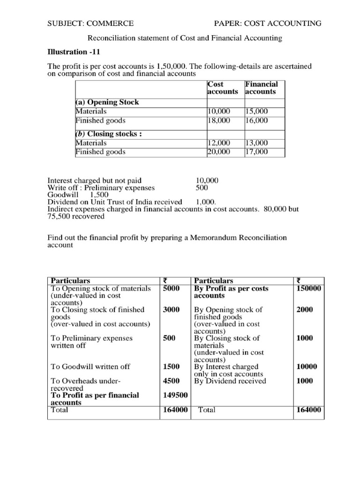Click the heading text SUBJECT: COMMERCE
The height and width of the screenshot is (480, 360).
tap(90, 23)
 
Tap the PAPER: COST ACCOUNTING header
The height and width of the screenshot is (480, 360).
tap(268, 23)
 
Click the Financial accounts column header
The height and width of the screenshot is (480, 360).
tap(261, 88)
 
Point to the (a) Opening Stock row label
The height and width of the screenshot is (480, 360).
tap(107, 102)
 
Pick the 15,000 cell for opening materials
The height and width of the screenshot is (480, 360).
tap(256, 112)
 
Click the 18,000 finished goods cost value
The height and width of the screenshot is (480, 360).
tap(219, 120)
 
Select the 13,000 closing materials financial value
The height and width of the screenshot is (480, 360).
tap(256, 143)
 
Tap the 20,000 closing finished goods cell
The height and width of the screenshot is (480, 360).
tap(219, 152)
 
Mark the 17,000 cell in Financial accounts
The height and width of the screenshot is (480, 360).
tap(256, 152)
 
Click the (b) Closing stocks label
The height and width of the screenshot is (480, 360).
tap(109, 134)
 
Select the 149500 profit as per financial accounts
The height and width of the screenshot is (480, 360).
tap(175, 395)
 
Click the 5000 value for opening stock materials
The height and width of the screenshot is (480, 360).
tap(171, 289)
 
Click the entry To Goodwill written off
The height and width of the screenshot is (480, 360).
tap(90, 367)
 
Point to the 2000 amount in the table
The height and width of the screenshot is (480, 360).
tap(305, 310)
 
